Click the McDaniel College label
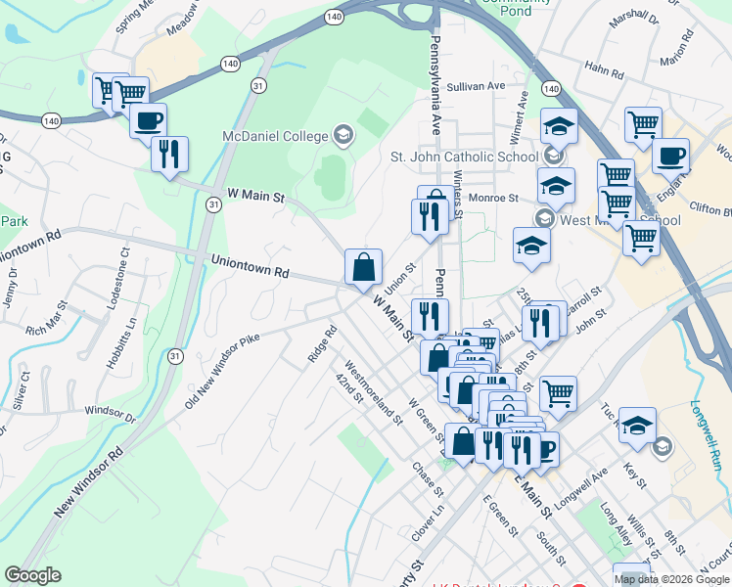pyautogui.click(x=276, y=134)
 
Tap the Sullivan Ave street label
pyautogui.click(x=476, y=86)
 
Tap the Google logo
pyautogui.click(x=32, y=575)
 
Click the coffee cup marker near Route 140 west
pyautogui.click(x=148, y=121)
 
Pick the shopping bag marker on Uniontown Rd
pyautogui.click(x=363, y=266)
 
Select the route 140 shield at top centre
pyautogui.click(x=335, y=18)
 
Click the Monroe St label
pyautogui.click(x=492, y=198)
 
